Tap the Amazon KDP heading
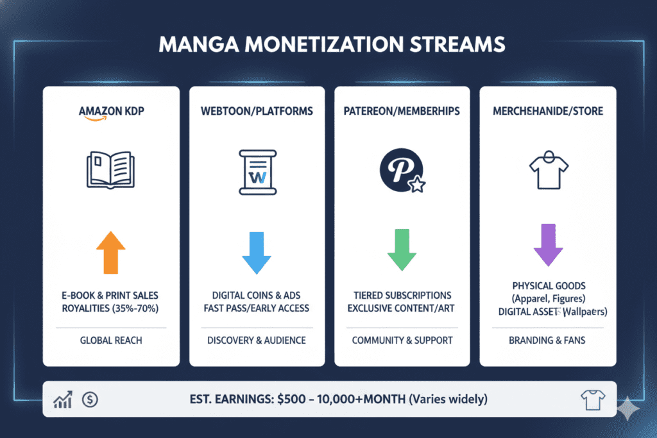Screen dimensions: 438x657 coord(111,111)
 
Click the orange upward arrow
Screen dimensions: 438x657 coord(110,253)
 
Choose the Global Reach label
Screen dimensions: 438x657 coord(110,340)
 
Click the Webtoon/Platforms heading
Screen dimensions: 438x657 coord(257,111)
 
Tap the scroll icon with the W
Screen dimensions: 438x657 coord(257,171)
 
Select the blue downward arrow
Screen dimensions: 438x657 coord(257,253)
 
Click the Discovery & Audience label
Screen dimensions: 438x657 coord(257,340)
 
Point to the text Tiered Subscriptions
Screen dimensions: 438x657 coord(402,295)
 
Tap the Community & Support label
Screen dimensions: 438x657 coord(402,340)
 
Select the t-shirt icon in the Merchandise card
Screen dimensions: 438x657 coord(547,169)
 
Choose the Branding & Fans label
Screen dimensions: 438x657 coord(547,340)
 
